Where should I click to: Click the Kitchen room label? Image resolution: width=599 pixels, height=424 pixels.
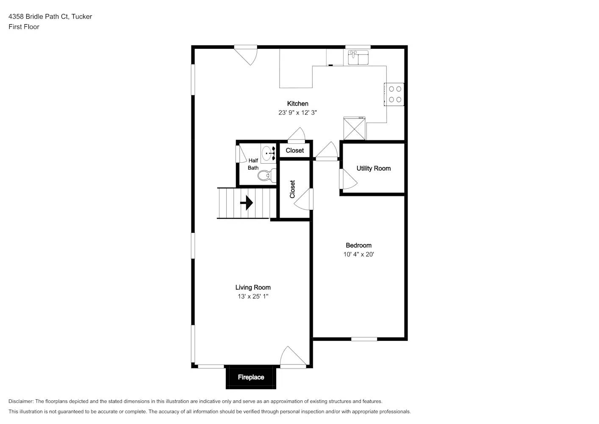297,103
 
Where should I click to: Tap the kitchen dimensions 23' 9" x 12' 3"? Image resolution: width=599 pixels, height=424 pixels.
297,113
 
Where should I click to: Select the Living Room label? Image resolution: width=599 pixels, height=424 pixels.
253,287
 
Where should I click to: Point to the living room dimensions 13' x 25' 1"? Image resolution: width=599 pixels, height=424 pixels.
253,297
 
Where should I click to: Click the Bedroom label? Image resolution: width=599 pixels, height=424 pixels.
358,245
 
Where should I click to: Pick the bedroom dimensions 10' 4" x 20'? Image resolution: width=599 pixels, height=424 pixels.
358,255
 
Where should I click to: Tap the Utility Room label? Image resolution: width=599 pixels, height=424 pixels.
373,168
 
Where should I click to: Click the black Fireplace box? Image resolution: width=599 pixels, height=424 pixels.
251,377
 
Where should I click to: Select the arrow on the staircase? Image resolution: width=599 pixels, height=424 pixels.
246,203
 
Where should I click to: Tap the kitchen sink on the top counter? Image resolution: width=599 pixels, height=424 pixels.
358,57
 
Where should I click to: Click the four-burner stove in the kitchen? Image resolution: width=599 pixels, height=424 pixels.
395,94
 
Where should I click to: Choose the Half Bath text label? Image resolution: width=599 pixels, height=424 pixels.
253,164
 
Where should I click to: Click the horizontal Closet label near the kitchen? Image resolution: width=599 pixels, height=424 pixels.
294,151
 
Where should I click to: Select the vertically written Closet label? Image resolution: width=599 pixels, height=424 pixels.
292,189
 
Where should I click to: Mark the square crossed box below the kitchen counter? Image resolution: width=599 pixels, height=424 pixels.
354,129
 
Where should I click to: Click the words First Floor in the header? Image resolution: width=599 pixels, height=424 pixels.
24,27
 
